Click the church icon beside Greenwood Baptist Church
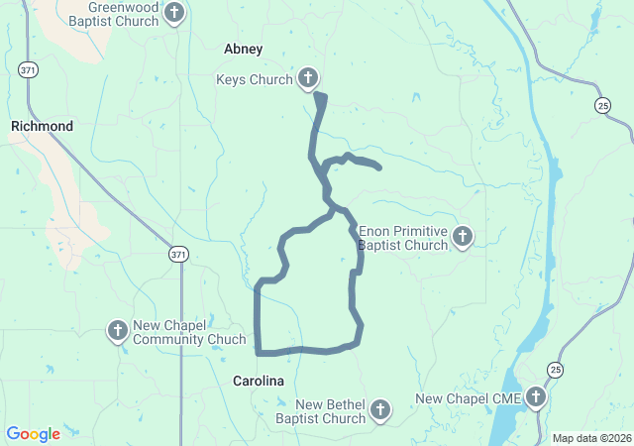pos(174,14)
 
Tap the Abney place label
pos(243,49)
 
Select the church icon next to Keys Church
pos(308,79)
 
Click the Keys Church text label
pos(255,80)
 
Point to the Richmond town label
pos(42,127)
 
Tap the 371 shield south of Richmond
pos(177,254)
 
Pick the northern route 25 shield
pos(603,105)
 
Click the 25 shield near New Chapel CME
pos(557,370)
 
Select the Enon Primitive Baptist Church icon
pos(463,236)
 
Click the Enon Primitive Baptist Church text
pos(403,238)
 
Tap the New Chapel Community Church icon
pos(117,330)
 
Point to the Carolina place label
pos(259,381)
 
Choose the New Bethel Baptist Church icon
pos(379,409)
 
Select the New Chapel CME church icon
pos(536,398)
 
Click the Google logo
pos(33,434)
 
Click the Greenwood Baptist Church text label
pos(121,13)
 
